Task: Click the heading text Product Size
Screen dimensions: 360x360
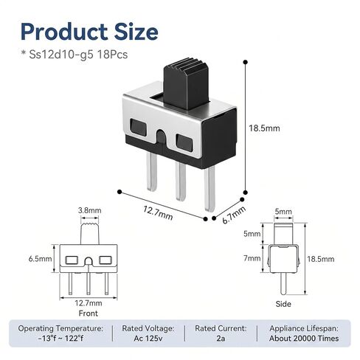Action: tap(89, 32)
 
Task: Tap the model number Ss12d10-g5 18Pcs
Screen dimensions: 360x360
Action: tap(78, 55)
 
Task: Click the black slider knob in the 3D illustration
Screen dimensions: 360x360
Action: tap(186, 83)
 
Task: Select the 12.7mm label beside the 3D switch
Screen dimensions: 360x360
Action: tap(158, 212)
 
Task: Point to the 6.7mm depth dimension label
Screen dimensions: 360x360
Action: tap(234, 215)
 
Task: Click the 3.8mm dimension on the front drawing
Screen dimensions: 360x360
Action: tap(90, 210)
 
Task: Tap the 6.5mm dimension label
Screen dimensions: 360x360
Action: tap(40, 259)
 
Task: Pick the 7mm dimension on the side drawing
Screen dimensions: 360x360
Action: tap(252, 258)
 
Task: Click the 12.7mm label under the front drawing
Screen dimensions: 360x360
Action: tap(89, 303)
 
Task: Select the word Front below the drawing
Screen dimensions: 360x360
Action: tap(88, 314)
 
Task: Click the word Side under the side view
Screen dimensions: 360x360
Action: tap(283, 304)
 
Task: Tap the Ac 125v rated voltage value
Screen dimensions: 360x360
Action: tap(148, 339)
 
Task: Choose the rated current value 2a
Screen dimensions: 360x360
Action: tap(221, 339)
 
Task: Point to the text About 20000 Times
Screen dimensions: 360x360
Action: tap(304, 339)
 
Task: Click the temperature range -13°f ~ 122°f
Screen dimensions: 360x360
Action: tap(60, 339)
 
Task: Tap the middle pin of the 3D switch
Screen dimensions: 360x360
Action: tap(181, 181)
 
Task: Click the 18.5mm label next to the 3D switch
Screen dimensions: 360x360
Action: tap(264, 128)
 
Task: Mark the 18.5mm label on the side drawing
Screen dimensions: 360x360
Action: tap(321, 259)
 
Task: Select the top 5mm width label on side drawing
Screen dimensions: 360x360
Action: tap(283, 211)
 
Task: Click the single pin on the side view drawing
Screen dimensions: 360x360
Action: tap(283, 284)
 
